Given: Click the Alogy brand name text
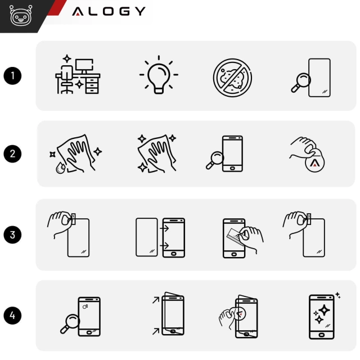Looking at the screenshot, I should [x=109, y=11].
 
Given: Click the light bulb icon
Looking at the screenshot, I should [x=159, y=75].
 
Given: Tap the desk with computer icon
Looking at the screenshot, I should [x=77, y=75].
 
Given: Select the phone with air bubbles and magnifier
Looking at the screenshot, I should [x=82, y=316].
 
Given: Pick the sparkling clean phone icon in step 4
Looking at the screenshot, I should [x=322, y=316].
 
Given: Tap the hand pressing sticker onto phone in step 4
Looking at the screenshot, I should [x=239, y=316].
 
